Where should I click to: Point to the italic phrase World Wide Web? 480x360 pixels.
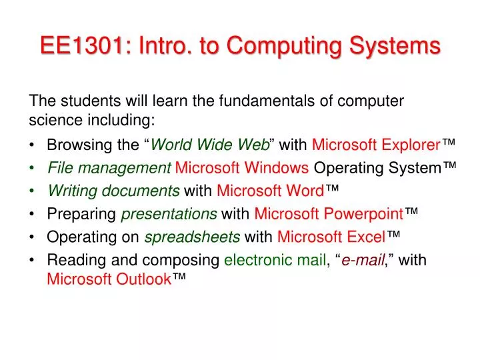point(211,145)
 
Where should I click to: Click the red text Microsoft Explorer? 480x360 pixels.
point(376,145)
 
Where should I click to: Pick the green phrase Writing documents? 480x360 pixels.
point(113,191)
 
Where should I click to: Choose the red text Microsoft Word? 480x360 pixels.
point(270,191)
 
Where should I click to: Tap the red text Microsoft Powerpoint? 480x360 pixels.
point(329,214)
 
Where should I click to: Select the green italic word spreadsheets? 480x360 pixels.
point(192,237)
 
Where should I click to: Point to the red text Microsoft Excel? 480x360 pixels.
point(331,237)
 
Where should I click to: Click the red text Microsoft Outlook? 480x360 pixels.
point(109,279)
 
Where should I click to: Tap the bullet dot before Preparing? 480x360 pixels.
point(33,214)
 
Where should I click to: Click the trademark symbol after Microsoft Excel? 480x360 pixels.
point(393,235)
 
